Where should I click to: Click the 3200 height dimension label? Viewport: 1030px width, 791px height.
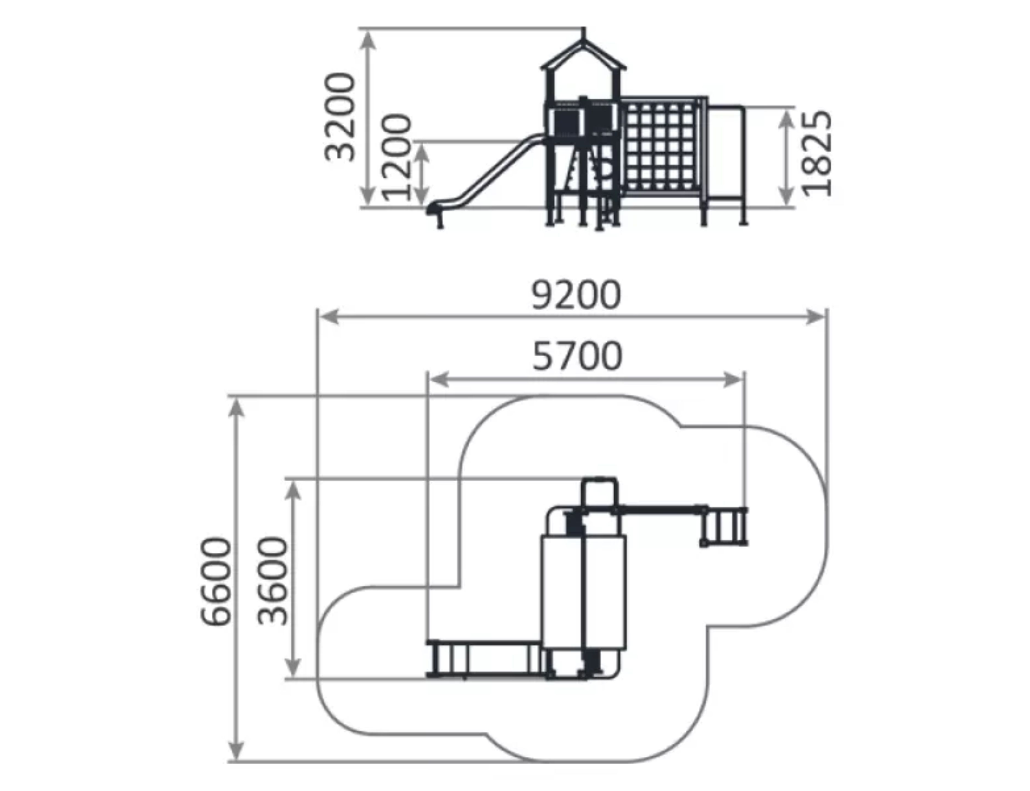[x=340, y=116]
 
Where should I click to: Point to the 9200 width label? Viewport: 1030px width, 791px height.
[x=576, y=295]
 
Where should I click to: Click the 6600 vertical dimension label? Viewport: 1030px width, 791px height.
[x=216, y=582]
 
